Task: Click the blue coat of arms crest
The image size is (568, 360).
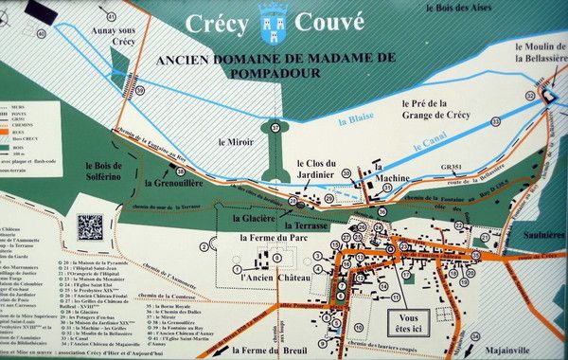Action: point(275,22)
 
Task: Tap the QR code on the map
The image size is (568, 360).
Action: point(90,227)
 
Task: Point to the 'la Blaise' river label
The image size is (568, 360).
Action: point(357,119)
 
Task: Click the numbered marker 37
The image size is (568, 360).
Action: point(275,126)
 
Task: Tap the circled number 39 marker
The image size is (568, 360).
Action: point(140,90)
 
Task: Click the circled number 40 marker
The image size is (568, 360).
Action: point(40,34)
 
